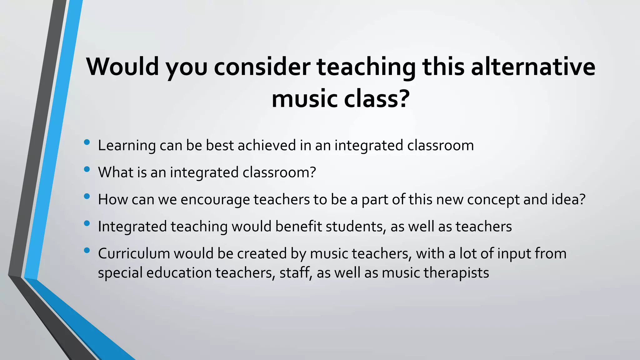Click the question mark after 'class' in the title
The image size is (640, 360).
(403, 99)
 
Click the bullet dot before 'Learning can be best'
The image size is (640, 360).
(87, 142)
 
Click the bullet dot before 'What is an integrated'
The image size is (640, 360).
(87, 169)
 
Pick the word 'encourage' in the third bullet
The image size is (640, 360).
(215, 200)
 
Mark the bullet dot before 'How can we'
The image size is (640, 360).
(87, 197)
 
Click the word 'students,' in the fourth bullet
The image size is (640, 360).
(356, 227)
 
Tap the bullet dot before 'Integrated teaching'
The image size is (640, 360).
(87, 223)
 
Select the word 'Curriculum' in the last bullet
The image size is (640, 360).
(134, 253)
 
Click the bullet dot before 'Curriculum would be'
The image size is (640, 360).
(87, 250)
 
